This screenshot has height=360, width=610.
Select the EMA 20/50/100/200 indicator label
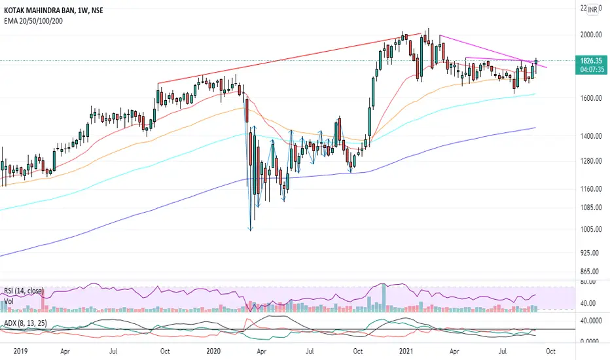coord(33,21)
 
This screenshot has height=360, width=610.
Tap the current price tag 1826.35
coord(591,61)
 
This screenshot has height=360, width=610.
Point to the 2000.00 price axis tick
coord(591,35)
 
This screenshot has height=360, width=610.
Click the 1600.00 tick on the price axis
coord(591,98)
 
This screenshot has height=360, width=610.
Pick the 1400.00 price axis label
coord(591,136)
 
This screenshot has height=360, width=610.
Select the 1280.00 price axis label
coord(591,161)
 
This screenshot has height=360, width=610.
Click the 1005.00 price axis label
coord(591,229)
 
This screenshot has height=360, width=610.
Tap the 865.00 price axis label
coord(591,271)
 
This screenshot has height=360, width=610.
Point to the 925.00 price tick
coord(591,253)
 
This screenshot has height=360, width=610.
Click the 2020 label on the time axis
coord(213,351)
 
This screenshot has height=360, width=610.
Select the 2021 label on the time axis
coord(406,351)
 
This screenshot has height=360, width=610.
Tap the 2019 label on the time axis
coord(21,351)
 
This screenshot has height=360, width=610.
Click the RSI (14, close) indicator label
coord(24,291)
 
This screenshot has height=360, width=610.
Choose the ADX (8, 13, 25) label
coord(26,323)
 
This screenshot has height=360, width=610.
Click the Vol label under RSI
coord(9,302)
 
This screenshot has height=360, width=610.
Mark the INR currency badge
coord(592,10)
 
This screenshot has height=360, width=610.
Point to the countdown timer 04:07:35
coord(592,69)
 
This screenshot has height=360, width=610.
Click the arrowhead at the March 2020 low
coord(251,229)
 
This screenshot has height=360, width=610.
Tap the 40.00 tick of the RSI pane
coord(588,303)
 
